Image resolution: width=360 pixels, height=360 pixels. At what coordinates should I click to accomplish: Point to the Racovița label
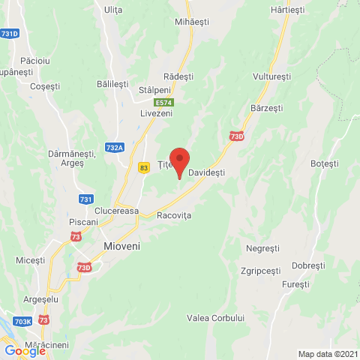tap(175, 215)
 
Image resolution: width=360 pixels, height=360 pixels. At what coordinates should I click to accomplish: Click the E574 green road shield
tap(164, 102)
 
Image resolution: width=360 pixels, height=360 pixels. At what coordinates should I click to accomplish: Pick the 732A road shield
tap(115, 148)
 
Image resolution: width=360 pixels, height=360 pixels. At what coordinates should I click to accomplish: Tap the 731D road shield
tap(10, 34)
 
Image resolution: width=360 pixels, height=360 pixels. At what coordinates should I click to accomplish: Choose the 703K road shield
tap(22, 321)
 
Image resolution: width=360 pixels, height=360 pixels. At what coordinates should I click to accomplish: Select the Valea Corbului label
tap(217, 318)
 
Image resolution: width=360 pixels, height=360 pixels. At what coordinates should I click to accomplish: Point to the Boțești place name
tap(325, 163)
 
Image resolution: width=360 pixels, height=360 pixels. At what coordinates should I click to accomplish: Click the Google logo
tap(25, 349)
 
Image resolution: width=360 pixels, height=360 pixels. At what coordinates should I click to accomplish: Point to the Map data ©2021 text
tap(327, 354)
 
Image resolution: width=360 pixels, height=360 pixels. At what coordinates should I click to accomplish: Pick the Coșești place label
tap(44, 87)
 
